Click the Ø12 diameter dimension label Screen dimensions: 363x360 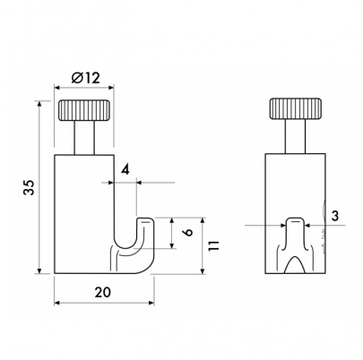pyautogui.click(x=86, y=78)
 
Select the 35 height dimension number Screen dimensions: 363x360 pyautogui.click(x=30, y=187)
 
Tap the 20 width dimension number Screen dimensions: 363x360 pyautogui.click(x=102, y=292)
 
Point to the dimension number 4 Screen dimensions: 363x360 pyautogui.click(x=125, y=170)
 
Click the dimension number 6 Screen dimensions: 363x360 pyautogui.click(x=189, y=233)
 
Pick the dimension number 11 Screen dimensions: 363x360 pyautogui.click(x=214, y=245)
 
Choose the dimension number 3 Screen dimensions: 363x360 pyautogui.click(x=335, y=216)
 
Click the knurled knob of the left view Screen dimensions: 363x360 pyautogui.click(x=84, y=110)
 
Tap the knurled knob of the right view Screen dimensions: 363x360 pyautogui.click(x=296, y=108)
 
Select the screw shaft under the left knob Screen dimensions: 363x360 pyautogui.click(x=84, y=138)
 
